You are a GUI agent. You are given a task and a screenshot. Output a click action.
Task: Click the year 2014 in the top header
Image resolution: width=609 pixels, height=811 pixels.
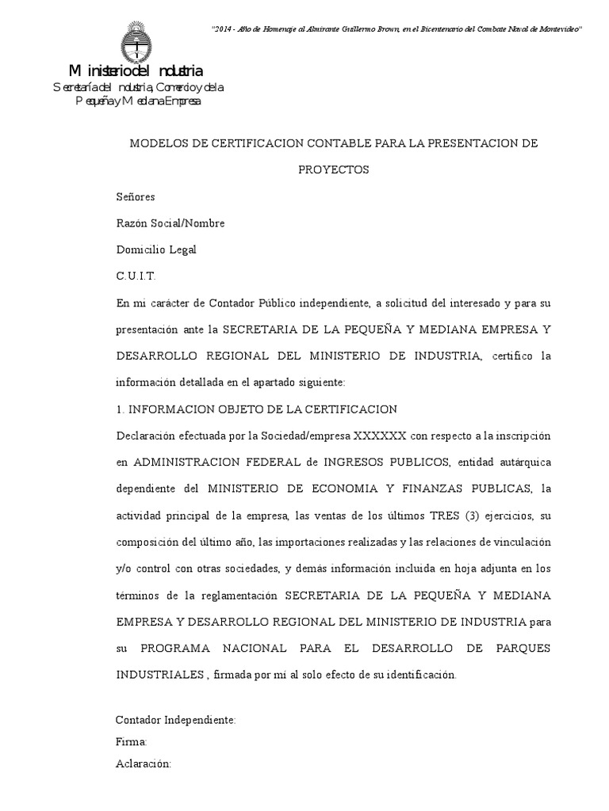pyautogui.click(x=224, y=29)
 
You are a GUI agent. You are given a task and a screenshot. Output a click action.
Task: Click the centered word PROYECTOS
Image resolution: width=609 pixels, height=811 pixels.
pyautogui.click(x=334, y=170)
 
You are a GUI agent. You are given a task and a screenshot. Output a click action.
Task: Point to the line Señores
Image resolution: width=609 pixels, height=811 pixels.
pyautogui.click(x=136, y=197)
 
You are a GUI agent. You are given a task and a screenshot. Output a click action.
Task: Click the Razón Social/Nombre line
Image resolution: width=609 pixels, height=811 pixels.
pyautogui.click(x=170, y=223)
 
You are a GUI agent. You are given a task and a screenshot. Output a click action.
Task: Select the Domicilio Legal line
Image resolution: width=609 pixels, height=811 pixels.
pyautogui.click(x=156, y=249)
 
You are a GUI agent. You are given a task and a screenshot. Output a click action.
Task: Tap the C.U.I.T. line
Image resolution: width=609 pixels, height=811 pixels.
pyautogui.click(x=136, y=276)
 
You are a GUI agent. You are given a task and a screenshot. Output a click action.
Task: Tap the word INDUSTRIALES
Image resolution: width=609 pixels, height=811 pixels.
pyautogui.click(x=160, y=675)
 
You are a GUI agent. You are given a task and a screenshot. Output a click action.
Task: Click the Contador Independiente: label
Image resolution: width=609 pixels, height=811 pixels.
pyautogui.click(x=176, y=720)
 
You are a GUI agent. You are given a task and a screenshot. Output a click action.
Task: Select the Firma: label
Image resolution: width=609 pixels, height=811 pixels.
pyautogui.click(x=132, y=742)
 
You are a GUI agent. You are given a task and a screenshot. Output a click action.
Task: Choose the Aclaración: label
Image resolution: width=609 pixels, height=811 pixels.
pyautogui.click(x=144, y=764)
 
